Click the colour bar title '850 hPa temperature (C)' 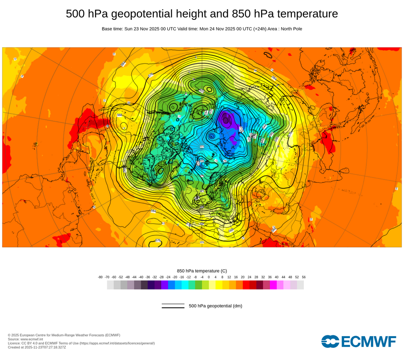(x=202, y=271)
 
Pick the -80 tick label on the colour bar (x=100, y=277)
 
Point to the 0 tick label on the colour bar (x=209, y=277)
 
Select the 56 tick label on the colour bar (x=303, y=277)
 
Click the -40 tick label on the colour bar (x=141, y=277)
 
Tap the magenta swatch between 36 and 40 (x=273, y=285)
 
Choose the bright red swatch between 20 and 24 (x=246, y=285)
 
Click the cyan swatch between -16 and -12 (x=185, y=285)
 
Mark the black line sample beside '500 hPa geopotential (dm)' (x=173, y=306)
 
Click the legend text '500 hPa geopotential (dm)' (x=215, y=306)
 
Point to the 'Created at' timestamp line (x=37, y=347)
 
